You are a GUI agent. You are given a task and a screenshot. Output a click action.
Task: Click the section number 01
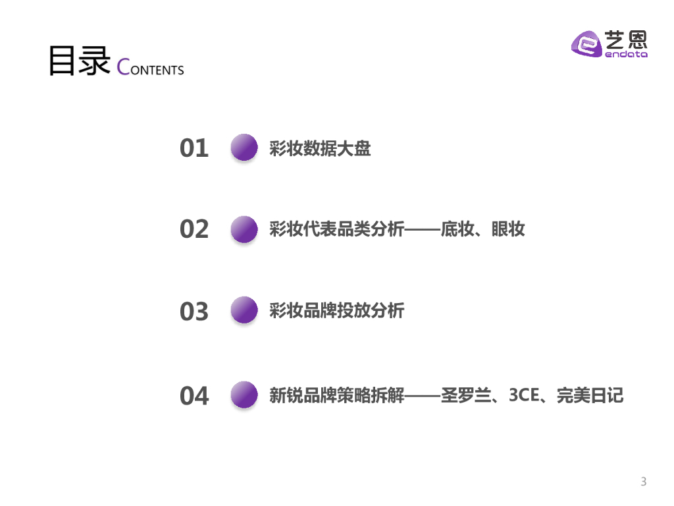194,148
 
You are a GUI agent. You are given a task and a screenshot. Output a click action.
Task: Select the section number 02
194,229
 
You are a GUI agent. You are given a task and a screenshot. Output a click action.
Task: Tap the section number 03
194,312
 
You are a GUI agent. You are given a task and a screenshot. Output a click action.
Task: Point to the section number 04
194,396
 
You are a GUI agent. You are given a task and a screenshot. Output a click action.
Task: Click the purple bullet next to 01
244,148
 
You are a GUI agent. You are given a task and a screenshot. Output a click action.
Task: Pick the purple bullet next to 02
244,229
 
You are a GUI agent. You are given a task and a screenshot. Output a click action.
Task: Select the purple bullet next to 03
244,310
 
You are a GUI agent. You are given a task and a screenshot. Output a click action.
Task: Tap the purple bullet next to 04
244,395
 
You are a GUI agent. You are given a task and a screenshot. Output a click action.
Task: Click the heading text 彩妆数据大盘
320,148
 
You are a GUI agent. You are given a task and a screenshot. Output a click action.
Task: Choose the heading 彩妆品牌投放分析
336,310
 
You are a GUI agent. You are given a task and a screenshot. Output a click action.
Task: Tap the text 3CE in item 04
524,395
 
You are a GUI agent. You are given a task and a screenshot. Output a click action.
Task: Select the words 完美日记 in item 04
590,395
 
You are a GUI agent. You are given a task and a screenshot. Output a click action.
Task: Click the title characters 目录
79,62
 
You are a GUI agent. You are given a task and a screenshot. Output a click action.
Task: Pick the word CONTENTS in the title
150,68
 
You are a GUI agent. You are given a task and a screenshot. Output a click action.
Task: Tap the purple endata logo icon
585,44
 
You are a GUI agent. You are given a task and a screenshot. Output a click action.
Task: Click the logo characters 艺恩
626,40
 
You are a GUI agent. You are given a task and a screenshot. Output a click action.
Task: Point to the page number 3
644,482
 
